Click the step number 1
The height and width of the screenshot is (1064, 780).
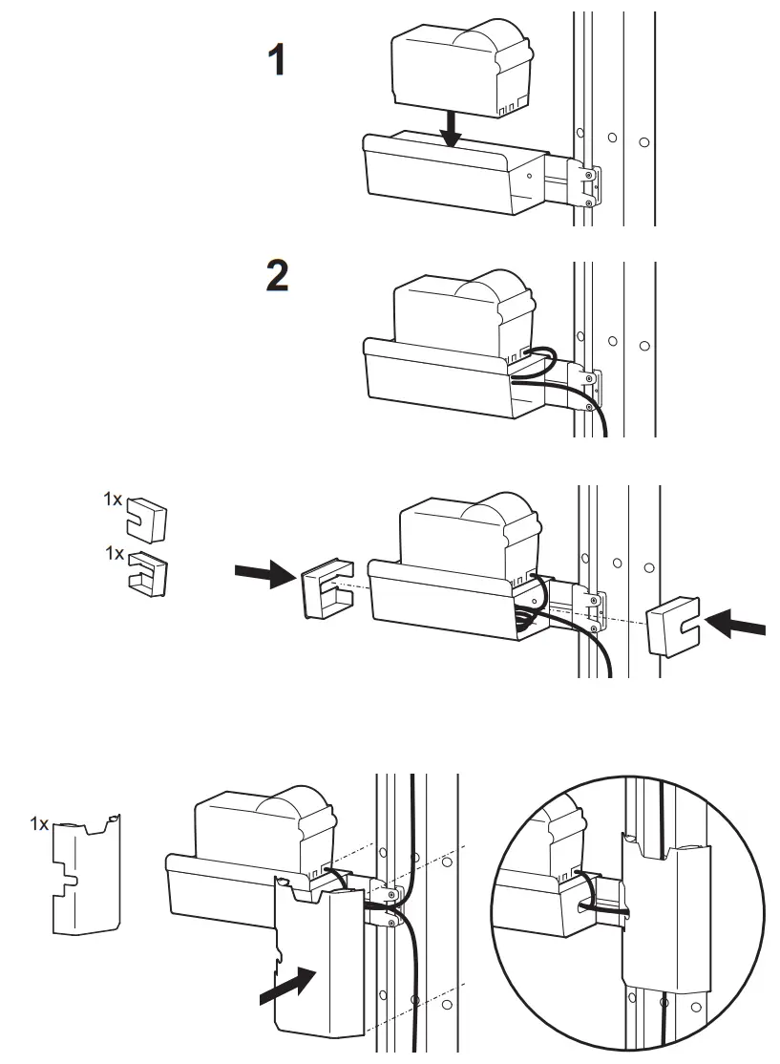(x=277, y=61)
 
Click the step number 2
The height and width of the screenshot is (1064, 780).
(x=277, y=275)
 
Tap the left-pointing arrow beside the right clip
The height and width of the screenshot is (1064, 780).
(x=736, y=626)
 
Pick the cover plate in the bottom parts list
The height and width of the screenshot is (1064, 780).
(x=87, y=873)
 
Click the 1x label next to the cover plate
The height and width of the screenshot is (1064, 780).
(x=38, y=822)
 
